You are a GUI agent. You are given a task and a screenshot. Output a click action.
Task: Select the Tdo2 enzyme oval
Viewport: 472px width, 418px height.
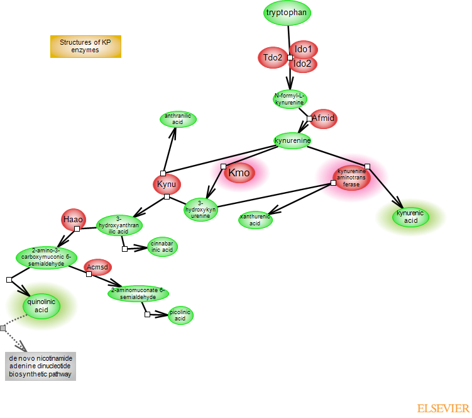(x=273, y=58)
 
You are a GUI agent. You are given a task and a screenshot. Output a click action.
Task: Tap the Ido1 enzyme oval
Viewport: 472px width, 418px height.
(x=304, y=49)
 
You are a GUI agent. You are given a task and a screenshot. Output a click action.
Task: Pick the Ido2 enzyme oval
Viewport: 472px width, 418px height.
(x=304, y=64)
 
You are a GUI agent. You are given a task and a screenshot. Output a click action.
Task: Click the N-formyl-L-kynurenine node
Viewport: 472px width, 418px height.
(x=290, y=99)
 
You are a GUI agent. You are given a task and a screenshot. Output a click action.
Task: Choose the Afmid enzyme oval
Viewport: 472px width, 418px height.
(x=324, y=118)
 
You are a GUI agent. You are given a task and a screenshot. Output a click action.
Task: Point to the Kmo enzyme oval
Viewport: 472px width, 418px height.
(x=239, y=173)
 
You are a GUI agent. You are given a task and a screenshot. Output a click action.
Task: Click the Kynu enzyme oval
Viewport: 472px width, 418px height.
(x=167, y=184)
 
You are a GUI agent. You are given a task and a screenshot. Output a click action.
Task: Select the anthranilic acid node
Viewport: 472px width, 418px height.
(x=178, y=119)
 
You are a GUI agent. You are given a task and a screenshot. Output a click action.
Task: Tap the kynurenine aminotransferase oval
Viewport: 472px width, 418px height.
(x=351, y=178)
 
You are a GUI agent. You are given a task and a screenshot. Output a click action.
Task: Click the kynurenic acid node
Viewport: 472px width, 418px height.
(x=411, y=217)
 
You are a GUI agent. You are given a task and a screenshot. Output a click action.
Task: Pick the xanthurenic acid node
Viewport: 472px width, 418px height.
(x=255, y=220)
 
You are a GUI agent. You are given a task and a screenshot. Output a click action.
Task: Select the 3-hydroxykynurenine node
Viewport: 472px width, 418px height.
(x=200, y=209)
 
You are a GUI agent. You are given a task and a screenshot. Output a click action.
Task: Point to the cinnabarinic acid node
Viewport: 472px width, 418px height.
(x=163, y=247)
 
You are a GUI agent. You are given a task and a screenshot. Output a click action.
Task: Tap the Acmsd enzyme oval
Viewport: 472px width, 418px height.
(x=97, y=267)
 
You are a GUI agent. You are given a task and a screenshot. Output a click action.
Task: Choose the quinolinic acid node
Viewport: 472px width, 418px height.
(x=41, y=306)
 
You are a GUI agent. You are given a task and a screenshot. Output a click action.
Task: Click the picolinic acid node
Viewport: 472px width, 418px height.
(x=180, y=315)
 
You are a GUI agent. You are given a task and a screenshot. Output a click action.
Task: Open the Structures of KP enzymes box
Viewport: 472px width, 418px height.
(x=85, y=47)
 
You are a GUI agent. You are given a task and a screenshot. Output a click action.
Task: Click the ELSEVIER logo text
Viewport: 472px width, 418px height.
(x=443, y=409)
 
